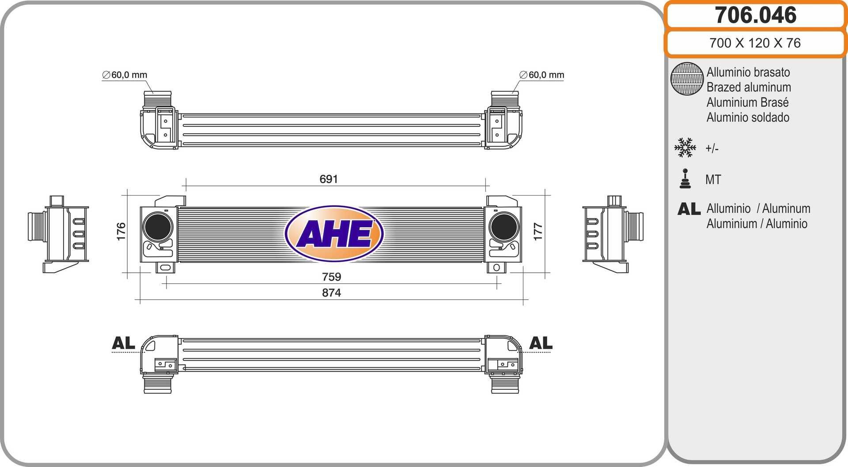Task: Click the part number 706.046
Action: click(755, 15)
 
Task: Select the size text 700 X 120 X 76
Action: click(755, 43)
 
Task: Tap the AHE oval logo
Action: click(334, 233)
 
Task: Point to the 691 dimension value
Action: click(329, 179)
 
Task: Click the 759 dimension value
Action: click(331, 277)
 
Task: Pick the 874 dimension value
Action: click(331, 293)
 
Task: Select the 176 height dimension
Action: click(121, 231)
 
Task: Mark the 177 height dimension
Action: click(538, 231)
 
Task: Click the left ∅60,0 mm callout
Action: click(125, 75)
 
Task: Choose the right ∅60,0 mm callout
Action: click(542, 75)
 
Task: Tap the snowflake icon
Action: click(685, 148)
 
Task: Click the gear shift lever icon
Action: click(685, 179)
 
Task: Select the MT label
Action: click(713, 180)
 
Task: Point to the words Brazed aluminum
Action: click(749, 87)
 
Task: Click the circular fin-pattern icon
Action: click(687, 79)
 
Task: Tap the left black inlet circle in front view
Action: click(158, 226)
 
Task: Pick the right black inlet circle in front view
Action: click(503, 226)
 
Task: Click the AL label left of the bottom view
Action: click(123, 343)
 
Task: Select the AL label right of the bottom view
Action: click(541, 343)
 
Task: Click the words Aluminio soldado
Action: click(748, 117)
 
